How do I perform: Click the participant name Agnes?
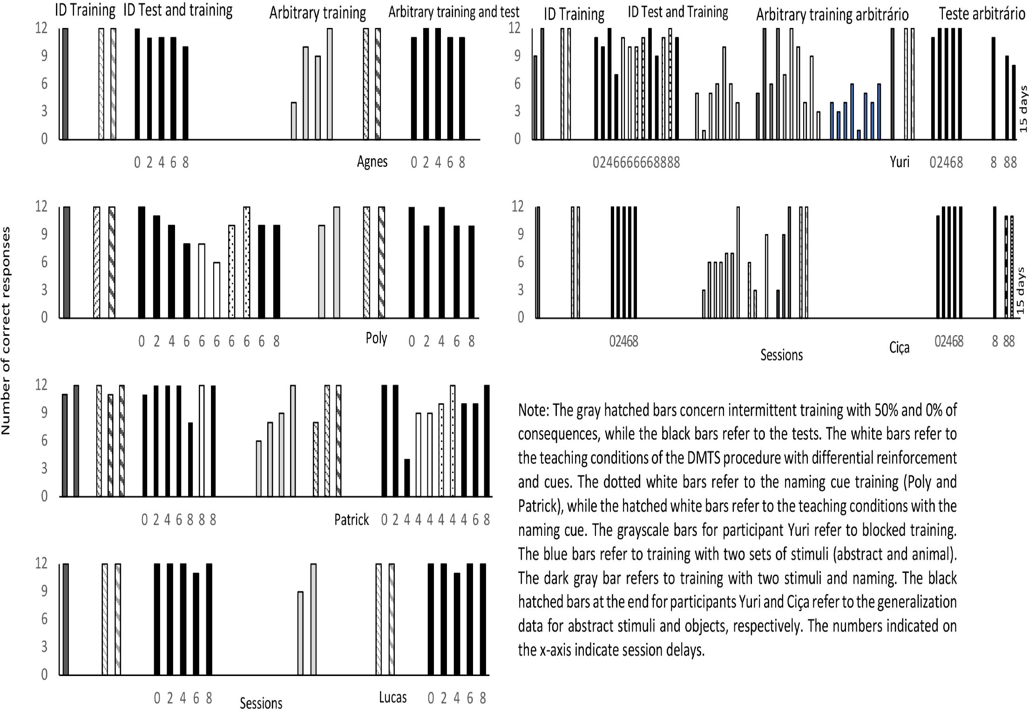372,162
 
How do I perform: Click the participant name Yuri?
899,162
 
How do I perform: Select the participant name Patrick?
352,519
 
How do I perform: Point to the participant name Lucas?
393,697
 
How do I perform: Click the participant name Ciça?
899,348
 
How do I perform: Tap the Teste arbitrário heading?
982,14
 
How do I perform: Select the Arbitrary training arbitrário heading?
832,15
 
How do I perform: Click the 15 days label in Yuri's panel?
1023,108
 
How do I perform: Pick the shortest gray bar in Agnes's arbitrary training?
294,121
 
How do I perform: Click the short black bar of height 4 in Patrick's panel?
407,478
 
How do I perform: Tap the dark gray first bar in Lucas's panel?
65,619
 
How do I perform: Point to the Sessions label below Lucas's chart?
261,703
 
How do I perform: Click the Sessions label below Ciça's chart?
781,355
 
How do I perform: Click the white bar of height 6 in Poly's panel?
217,290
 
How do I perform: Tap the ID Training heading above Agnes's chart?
85,10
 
